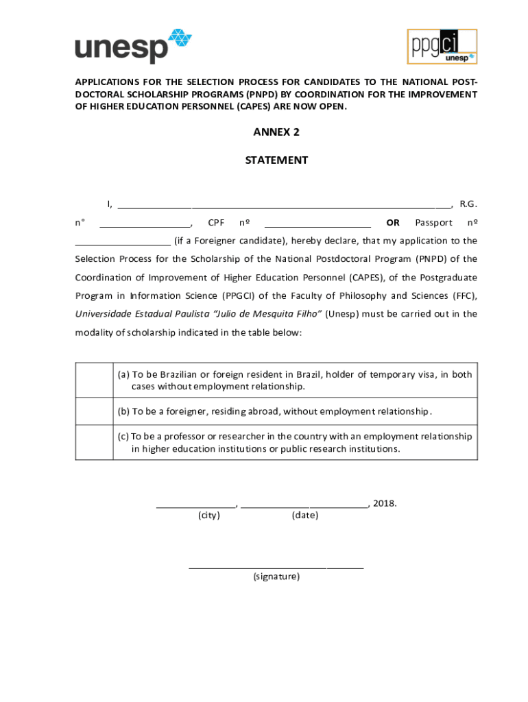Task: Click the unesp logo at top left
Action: pos(133,46)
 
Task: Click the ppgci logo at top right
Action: pos(442,47)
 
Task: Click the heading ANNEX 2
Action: pos(276,132)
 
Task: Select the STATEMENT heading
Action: pos(276,160)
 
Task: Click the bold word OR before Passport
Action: pos(393,223)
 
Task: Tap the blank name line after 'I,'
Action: pos(285,204)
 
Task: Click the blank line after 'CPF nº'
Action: pos(317,223)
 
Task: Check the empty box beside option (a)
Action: pos(94,380)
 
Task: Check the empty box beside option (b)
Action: pos(94,411)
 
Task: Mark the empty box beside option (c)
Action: pos(94,442)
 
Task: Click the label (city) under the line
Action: pos(209,515)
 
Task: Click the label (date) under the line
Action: pos(304,515)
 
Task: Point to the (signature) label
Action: pos(276,577)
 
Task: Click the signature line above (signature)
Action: pos(276,567)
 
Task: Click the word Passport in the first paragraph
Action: pos(433,223)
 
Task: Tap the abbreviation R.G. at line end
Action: pos(468,204)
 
